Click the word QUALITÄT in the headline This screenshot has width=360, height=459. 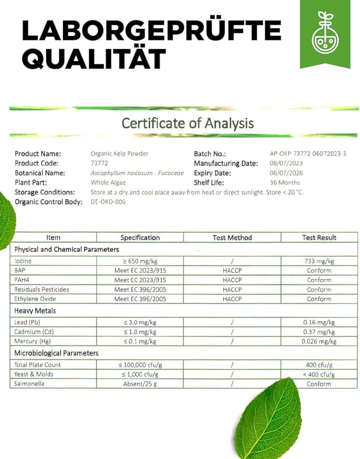pyautogui.click(x=94, y=58)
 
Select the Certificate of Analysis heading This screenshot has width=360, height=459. pyautogui.click(x=188, y=123)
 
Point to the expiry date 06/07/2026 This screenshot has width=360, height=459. pyautogui.click(x=286, y=173)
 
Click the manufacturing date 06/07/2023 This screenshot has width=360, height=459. pyautogui.click(x=286, y=163)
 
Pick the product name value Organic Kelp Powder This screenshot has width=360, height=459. pyautogui.click(x=119, y=154)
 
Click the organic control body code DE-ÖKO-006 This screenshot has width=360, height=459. pyautogui.click(x=108, y=202)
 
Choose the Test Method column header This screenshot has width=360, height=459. pyautogui.click(x=232, y=238)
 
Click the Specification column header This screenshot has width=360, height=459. pyautogui.click(x=140, y=238)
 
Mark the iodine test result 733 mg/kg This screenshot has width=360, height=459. pyautogui.click(x=319, y=261)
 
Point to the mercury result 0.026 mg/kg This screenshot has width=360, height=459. pyautogui.click(x=319, y=341)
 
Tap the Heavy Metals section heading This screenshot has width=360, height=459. pyautogui.click(x=35, y=310)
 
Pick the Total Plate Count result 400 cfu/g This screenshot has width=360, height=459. pyautogui.click(x=319, y=365)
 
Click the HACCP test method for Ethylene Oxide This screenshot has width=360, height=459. pyautogui.click(x=232, y=299)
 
